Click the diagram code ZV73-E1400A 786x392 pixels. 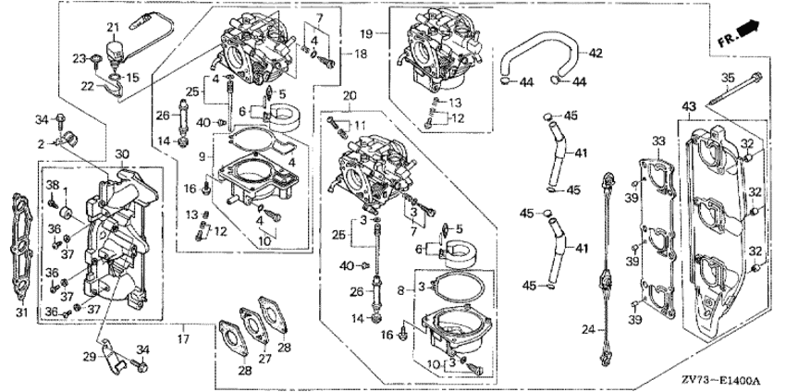point(731,381)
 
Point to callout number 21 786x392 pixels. point(113,28)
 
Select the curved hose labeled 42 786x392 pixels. point(542,54)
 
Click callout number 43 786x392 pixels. point(689,106)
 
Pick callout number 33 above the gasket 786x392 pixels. point(658,141)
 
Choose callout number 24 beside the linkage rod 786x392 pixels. point(588,329)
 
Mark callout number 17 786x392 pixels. point(183,340)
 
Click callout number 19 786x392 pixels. point(366,33)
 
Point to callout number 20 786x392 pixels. point(350,96)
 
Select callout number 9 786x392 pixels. point(203,157)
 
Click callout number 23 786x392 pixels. point(79,58)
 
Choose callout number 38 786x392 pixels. point(53,185)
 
